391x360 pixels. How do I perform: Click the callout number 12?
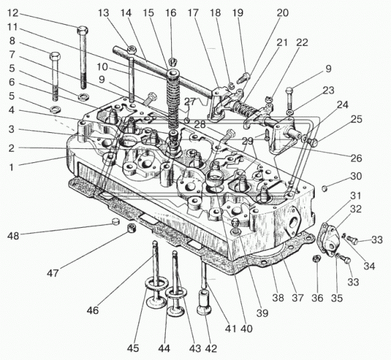click(13, 13)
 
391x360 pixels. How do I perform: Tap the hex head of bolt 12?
click(82, 31)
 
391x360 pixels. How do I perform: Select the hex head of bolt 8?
click(55, 56)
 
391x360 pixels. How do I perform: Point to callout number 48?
click(13, 235)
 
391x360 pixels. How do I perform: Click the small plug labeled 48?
click(116, 221)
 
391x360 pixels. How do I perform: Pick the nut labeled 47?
click(131, 228)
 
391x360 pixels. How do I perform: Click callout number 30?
click(356, 176)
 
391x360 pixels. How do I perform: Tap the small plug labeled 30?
click(324, 188)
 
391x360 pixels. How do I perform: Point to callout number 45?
click(132, 348)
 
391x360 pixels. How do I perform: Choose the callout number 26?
click(356, 158)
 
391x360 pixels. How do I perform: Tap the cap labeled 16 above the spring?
click(172, 61)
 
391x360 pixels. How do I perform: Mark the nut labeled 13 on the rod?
click(131, 49)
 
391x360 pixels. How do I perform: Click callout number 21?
click(282, 43)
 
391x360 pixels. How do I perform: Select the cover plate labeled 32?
click(328, 240)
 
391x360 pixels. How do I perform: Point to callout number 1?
click(11, 167)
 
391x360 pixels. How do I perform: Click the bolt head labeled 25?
click(313, 142)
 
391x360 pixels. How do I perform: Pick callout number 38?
click(278, 298)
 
